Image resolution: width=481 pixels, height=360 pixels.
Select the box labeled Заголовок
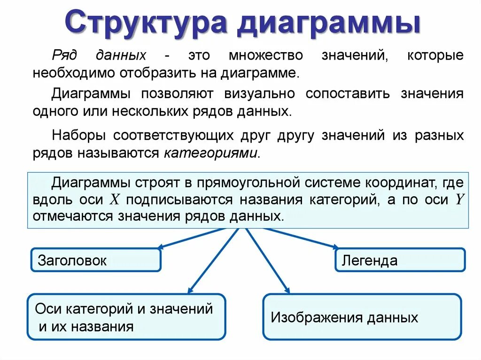coord(96,260)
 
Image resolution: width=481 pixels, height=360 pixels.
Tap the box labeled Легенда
coord(400,260)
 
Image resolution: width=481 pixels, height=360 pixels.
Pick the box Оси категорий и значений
coord(126,317)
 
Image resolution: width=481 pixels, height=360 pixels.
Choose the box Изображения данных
coord(362,317)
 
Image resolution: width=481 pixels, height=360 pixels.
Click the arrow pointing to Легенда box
coord(301,238)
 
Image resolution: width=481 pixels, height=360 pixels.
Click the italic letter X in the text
coord(115,199)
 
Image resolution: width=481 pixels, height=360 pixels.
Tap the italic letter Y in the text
coord(459,199)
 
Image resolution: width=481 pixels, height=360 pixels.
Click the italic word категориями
coord(211,153)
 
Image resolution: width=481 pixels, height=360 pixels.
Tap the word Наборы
coord(76,136)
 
